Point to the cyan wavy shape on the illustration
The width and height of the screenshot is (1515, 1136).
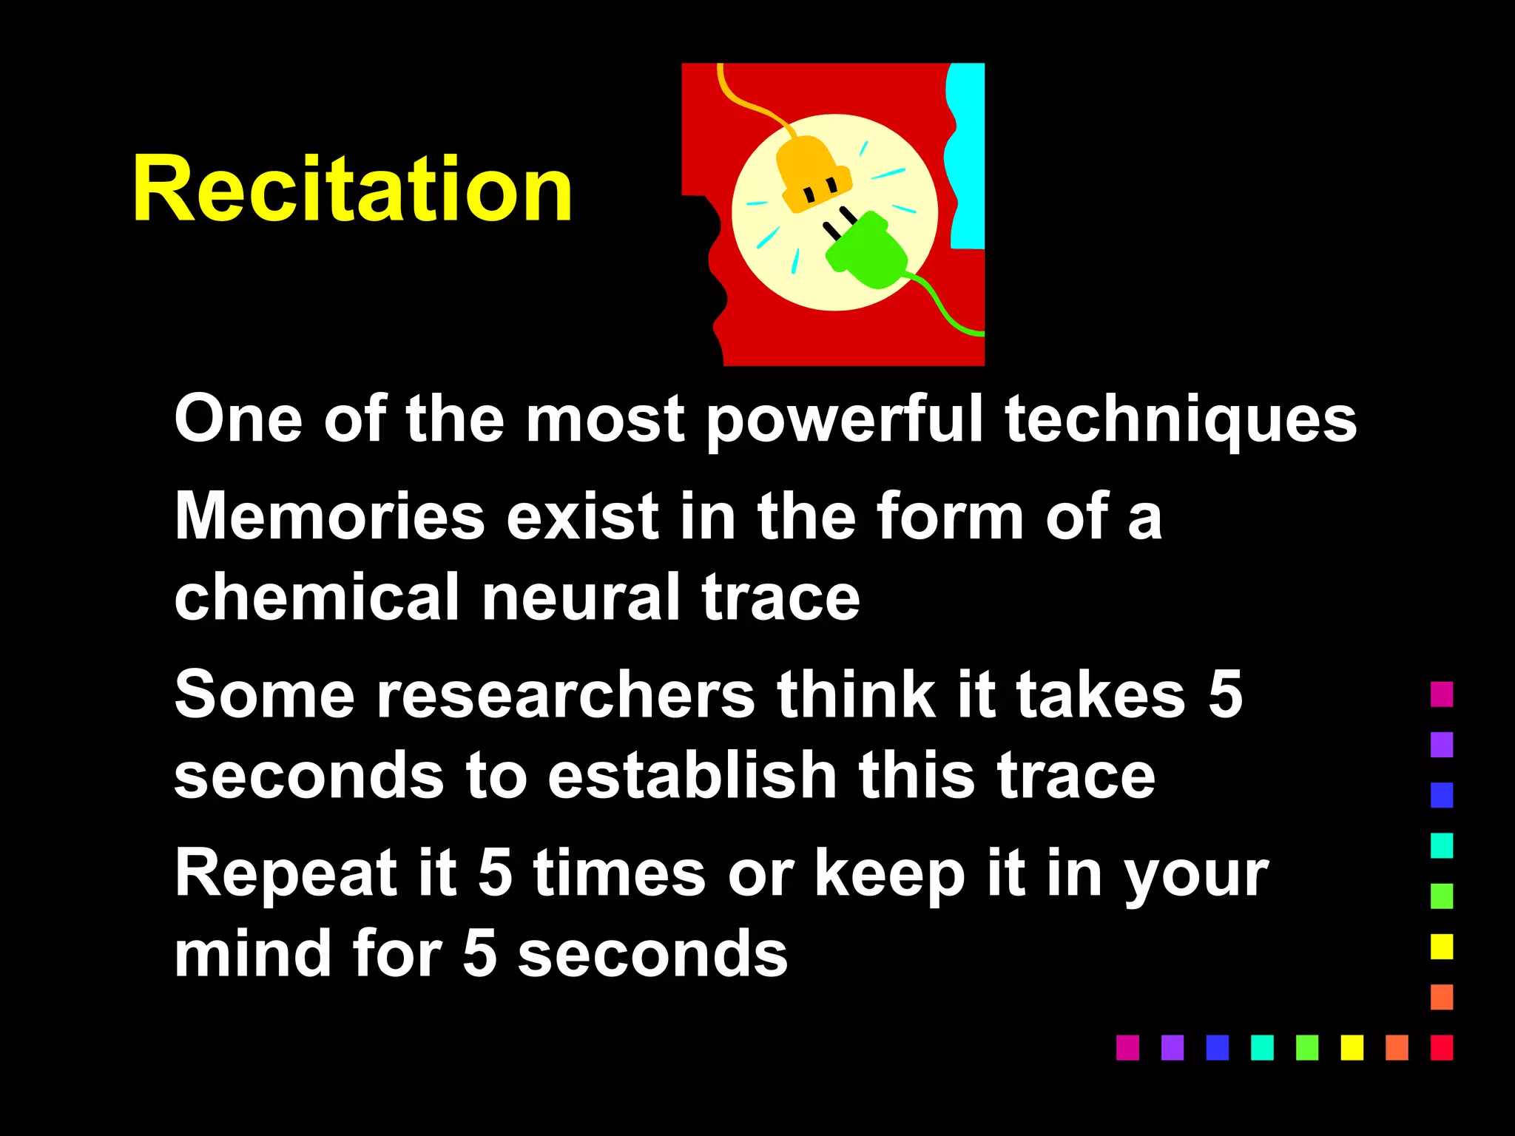pyautogui.click(x=967, y=155)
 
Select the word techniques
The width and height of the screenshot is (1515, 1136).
pyautogui.click(x=1181, y=420)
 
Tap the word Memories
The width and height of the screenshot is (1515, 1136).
pyautogui.click(x=330, y=516)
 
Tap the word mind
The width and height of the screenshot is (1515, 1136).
pyautogui.click(x=252, y=954)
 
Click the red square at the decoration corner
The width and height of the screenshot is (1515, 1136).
pyautogui.click(x=1441, y=1047)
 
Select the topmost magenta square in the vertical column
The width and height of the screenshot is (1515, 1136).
pyautogui.click(x=1441, y=694)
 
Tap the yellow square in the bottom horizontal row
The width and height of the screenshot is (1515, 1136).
pyautogui.click(x=1352, y=1047)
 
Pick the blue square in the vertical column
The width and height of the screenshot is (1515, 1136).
pyautogui.click(x=1441, y=795)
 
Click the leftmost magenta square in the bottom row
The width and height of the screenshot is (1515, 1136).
pyautogui.click(x=1127, y=1047)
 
